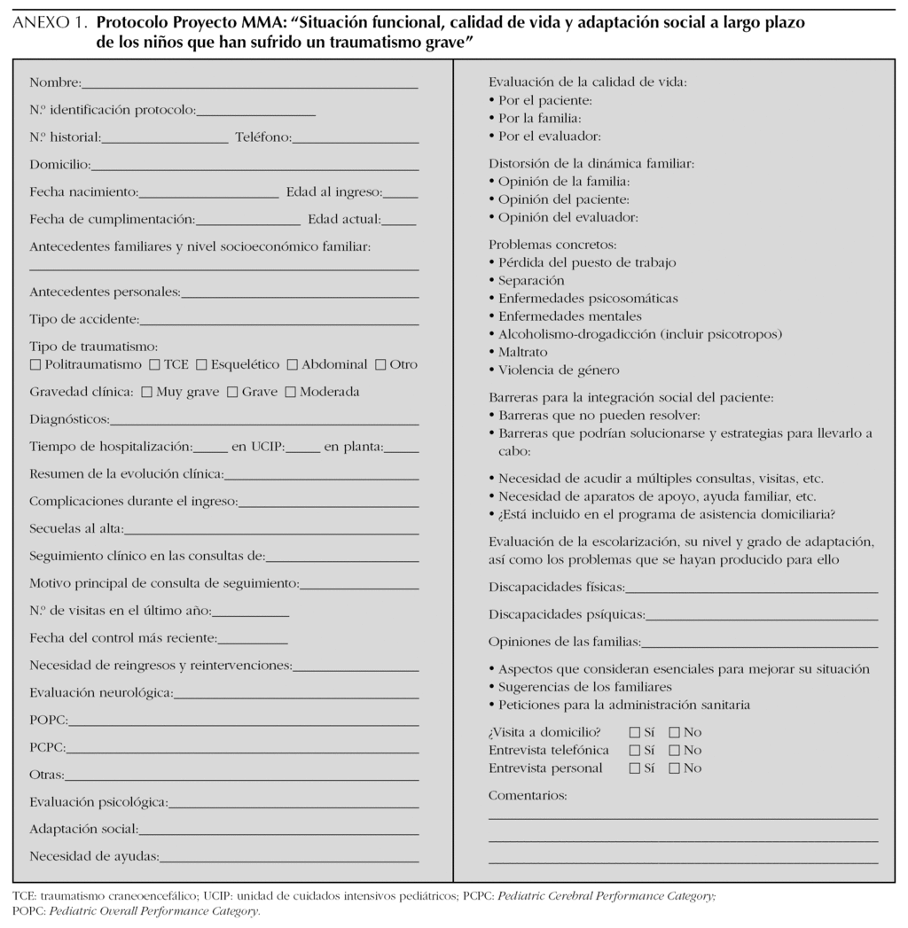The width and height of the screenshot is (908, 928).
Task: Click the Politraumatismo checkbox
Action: click(35, 364)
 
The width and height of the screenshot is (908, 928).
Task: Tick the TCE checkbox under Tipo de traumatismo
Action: click(155, 364)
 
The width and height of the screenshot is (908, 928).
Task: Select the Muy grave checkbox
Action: click(147, 392)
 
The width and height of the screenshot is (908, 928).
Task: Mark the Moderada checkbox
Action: click(291, 392)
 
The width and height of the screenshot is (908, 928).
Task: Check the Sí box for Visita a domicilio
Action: click(634, 732)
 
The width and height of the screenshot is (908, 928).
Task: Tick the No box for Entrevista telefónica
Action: click(674, 750)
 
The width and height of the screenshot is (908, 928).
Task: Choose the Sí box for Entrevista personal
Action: click(634, 768)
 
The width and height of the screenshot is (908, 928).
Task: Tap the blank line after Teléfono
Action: click(356, 140)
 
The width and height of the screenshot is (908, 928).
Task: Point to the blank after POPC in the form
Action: click(243, 723)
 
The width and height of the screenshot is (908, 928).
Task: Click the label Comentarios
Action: click(528, 795)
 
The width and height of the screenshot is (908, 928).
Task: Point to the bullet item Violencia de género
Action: click(559, 370)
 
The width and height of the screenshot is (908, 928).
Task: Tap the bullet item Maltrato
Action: click(522, 352)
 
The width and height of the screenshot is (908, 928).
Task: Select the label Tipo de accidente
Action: click(83, 318)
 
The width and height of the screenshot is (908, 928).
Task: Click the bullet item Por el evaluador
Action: click(550, 136)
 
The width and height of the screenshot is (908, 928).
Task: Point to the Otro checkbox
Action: click(381, 364)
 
